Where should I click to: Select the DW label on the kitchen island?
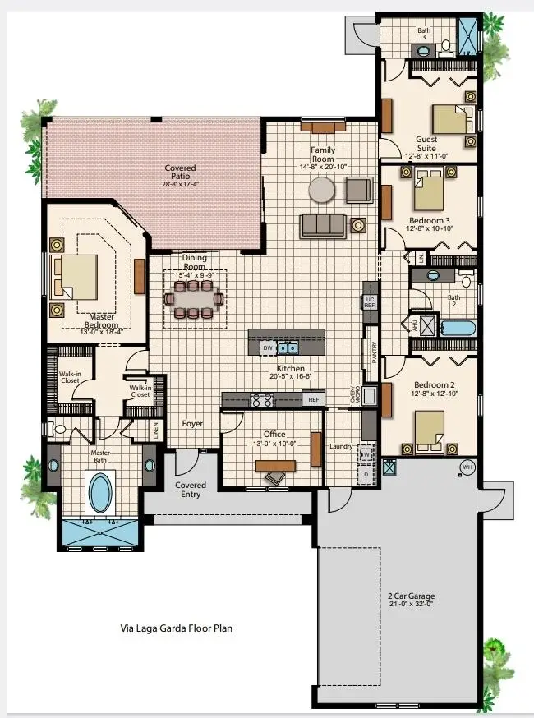(x=267, y=348)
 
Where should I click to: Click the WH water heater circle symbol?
(x=467, y=467)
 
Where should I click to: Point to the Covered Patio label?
(x=180, y=173)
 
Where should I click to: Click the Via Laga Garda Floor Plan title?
(x=177, y=628)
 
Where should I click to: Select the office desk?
(x=275, y=466)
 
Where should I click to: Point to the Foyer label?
(x=192, y=424)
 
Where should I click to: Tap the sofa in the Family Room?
(x=322, y=225)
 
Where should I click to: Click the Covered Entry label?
(x=191, y=490)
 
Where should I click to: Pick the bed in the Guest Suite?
(x=449, y=119)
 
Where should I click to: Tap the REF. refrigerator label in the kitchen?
(x=313, y=400)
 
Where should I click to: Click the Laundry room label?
(x=342, y=447)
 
